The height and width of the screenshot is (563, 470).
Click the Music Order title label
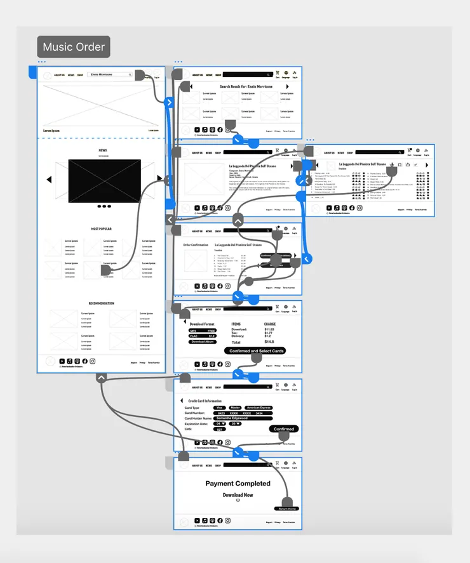(74, 47)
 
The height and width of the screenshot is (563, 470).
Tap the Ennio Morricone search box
(111, 75)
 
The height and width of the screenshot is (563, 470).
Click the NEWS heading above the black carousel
(102, 150)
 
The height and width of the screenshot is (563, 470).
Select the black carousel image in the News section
(104, 180)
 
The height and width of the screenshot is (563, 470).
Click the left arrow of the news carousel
(49, 180)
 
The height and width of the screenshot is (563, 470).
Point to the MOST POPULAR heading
(102, 229)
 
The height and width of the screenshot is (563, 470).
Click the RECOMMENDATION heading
(102, 303)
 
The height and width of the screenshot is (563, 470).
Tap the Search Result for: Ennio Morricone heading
(246, 86)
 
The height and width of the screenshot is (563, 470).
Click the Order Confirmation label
(196, 244)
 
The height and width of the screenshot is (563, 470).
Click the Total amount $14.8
(270, 342)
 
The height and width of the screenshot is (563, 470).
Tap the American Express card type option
(258, 407)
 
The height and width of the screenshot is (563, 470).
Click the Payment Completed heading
(238, 484)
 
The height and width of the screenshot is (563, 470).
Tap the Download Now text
(238, 495)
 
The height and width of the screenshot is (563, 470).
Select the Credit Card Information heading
(205, 401)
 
